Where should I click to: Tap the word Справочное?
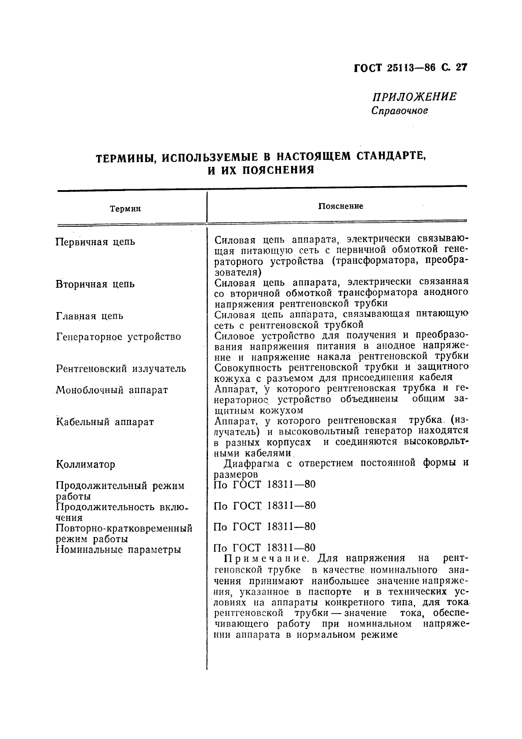point(399,110)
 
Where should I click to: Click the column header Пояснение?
point(340,206)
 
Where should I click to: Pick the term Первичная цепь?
point(95,242)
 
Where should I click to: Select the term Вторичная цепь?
point(95,284)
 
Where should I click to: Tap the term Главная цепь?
point(90,316)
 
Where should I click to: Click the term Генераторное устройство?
point(119,337)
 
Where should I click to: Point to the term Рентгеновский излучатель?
point(121,369)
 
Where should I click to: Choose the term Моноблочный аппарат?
point(112,390)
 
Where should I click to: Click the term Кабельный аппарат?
point(105,422)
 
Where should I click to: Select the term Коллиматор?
point(86,464)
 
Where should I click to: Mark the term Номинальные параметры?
point(118,549)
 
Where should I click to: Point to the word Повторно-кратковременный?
point(124,528)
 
